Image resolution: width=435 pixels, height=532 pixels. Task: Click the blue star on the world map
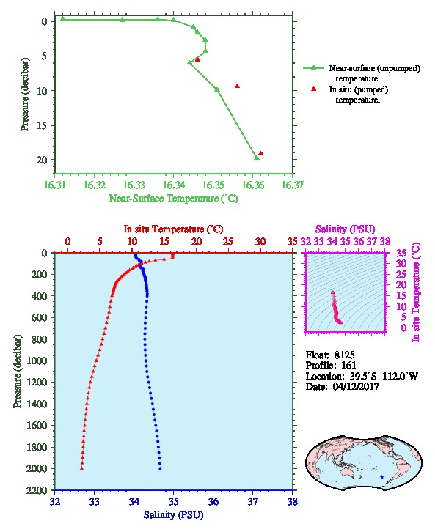pos(382,477)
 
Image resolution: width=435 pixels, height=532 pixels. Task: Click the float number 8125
pos(344,355)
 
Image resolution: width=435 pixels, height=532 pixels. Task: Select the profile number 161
pos(348,366)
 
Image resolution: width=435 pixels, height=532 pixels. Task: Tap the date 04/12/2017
pos(356,386)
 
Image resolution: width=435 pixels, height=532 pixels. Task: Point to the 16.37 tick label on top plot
pos(293,185)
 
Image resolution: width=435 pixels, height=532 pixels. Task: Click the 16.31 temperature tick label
pos(55,185)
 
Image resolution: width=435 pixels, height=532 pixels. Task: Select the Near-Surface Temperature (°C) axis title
pos(173,199)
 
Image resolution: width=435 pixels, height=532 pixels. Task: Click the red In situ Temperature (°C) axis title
pos(173,229)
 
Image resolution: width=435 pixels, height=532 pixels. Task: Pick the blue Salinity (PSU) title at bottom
pos(173,515)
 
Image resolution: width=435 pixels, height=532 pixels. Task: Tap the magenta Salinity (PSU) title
pos(345,229)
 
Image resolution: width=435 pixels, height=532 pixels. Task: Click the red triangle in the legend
pos(314,89)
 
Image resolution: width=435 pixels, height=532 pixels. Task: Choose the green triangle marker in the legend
pos(314,68)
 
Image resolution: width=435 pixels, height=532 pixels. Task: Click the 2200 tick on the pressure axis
pos(37,491)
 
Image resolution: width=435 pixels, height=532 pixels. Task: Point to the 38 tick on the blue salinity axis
pos(293,501)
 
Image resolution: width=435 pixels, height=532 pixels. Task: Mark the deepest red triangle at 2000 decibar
pos(82,468)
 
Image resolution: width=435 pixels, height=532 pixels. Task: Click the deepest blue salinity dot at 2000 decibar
pos(160,468)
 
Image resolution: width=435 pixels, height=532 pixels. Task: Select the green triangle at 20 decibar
pos(257,158)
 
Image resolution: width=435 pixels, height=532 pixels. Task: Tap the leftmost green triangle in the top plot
pos(62,19)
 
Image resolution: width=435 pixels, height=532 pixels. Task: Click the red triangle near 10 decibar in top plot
pos(237,86)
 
